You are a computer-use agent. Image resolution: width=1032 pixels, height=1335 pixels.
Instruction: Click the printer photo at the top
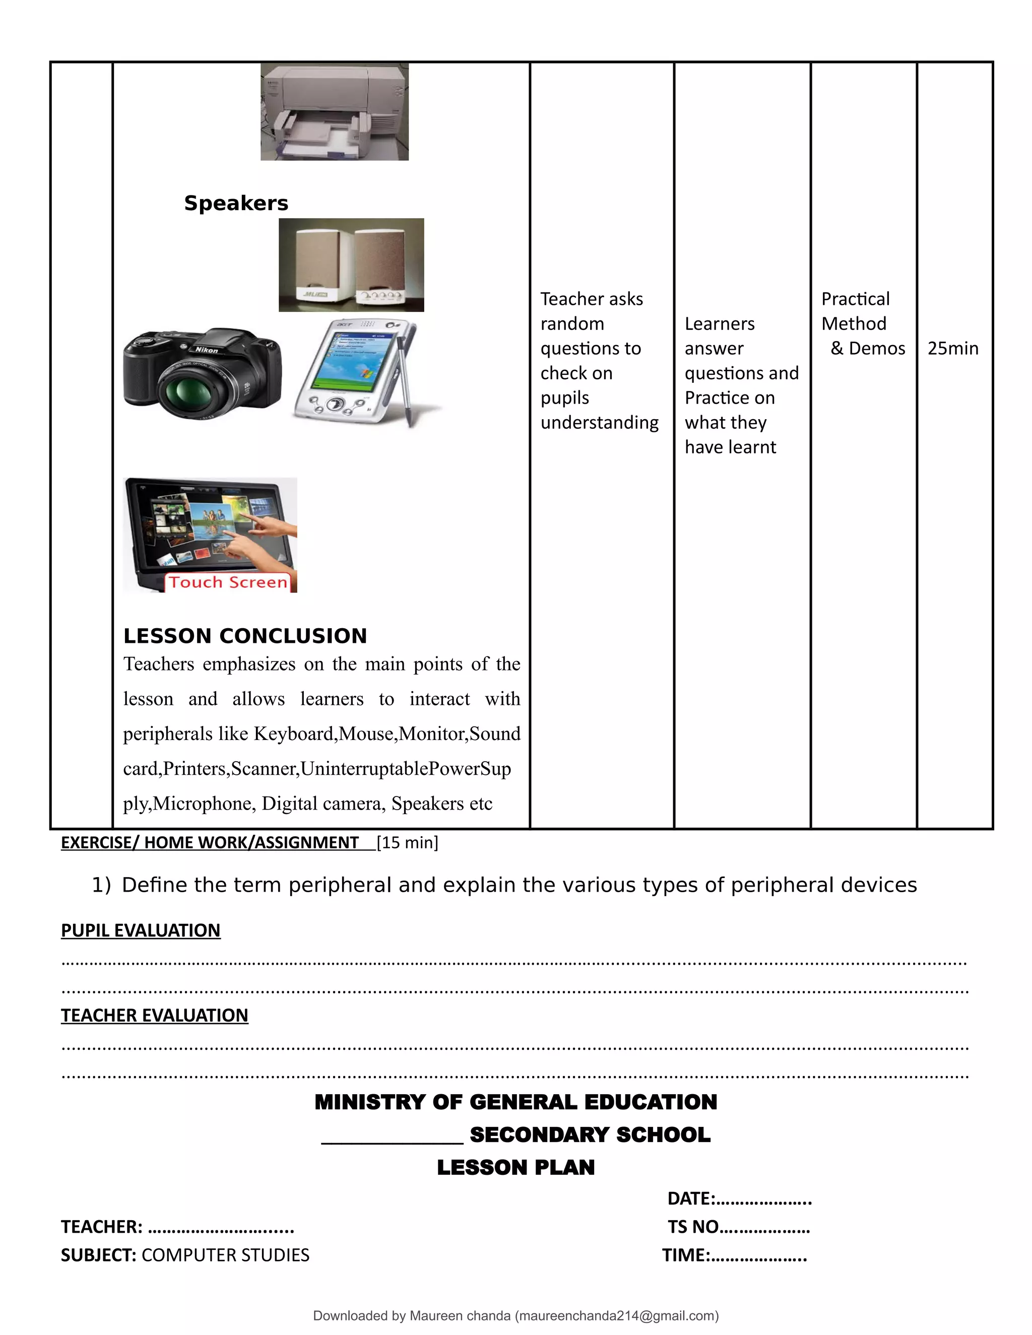click(335, 112)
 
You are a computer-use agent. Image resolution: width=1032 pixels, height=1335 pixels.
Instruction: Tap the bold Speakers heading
click(236, 203)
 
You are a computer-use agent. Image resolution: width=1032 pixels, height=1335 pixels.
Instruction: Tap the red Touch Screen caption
click(228, 582)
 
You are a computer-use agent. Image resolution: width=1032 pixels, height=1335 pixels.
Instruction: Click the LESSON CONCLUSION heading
click(244, 636)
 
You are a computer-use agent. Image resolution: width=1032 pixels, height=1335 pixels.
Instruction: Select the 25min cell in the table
click(952, 349)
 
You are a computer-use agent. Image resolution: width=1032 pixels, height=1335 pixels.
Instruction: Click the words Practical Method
click(855, 311)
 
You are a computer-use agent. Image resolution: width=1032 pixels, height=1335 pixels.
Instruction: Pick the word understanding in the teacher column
click(599, 422)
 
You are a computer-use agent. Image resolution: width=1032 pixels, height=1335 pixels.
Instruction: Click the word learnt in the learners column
click(755, 447)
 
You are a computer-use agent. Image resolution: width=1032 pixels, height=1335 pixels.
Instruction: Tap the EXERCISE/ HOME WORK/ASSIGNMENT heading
click(210, 843)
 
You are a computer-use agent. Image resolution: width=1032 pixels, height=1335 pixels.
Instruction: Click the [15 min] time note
click(407, 843)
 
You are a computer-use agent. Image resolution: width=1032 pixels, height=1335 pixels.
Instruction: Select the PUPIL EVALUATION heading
click(141, 930)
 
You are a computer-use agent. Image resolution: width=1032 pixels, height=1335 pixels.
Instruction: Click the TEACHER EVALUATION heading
click(154, 1015)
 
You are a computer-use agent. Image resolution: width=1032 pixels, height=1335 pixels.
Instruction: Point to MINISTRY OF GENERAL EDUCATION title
click(515, 1102)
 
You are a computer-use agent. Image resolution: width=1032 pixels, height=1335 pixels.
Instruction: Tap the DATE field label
click(691, 1198)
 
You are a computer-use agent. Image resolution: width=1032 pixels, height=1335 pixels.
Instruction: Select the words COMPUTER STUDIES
click(225, 1255)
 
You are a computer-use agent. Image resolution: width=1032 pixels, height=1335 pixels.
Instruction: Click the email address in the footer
click(616, 1315)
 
